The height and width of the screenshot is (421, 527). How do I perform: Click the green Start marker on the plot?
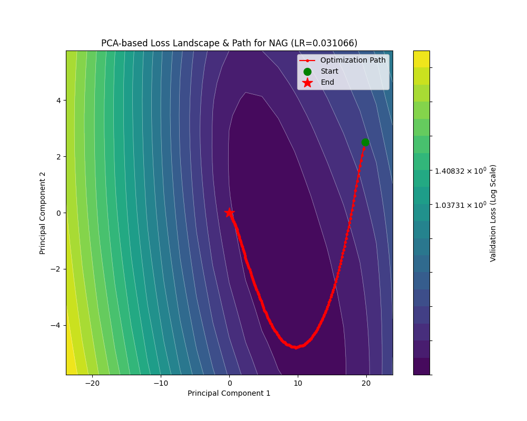click(x=365, y=142)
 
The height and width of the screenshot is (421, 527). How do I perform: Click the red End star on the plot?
click(x=229, y=213)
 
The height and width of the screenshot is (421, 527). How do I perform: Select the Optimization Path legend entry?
click(x=353, y=61)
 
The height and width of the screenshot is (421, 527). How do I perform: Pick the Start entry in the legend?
click(x=329, y=72)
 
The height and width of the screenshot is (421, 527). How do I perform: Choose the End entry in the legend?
click(x=327, y=83)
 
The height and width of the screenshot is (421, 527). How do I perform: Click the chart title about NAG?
click(x=229, y=43)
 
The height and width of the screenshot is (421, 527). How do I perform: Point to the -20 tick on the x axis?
click(x=92, y=383)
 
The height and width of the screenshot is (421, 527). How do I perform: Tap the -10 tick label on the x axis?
click(x=161, y=383)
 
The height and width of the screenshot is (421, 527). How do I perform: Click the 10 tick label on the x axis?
click(x=298, y=383)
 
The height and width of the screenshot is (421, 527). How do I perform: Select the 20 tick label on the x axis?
click(x=366, y=383)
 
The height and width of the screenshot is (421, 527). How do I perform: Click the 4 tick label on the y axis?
click(x=59, y=101)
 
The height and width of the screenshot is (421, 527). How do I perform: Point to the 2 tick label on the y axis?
click(x=59, y=157)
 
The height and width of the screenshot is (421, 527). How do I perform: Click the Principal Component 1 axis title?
click(x=229, y=393)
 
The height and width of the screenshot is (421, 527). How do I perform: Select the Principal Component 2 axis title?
click(x=43, y=213)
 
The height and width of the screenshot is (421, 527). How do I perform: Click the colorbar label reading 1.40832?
click(x=460, y=171)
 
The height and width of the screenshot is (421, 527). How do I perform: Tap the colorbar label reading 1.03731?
click(x=460, y=205)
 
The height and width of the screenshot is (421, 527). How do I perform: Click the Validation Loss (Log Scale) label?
click(x=493, y=213)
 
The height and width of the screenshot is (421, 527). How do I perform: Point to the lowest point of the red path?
click(x=296, y=347)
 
